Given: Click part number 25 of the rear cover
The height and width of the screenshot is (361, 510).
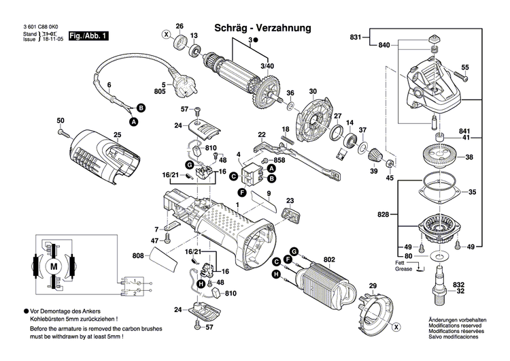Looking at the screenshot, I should point(117,136).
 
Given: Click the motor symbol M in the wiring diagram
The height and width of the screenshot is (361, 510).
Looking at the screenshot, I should point(54,266).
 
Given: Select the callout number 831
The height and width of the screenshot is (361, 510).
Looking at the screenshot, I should point(355,36).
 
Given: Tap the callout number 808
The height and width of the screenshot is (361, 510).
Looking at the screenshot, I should point(138,257).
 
